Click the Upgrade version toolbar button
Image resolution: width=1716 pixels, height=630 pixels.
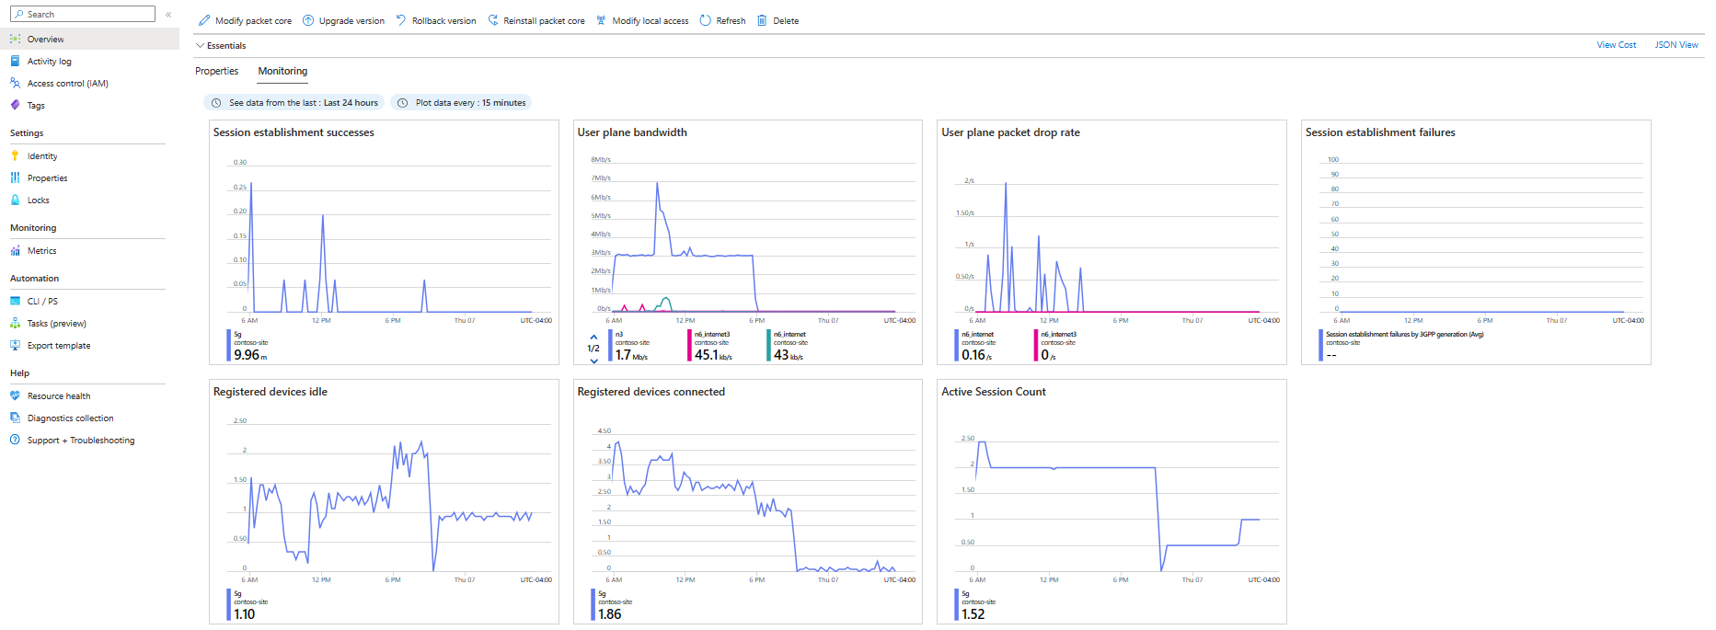[344, 20]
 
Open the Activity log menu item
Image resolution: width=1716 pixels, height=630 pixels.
[49, 62]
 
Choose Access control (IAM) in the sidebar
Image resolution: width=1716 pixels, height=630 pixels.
[67, 84]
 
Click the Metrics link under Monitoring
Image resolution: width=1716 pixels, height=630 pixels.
[41, 251]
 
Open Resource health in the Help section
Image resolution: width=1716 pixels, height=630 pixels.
[58, 396]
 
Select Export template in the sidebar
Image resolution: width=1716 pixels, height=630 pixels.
[58, 346]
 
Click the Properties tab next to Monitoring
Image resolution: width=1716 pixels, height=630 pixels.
[216, 71]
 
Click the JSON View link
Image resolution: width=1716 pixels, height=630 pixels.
[1676, 45]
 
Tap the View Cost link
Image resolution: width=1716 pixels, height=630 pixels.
[1616, 45]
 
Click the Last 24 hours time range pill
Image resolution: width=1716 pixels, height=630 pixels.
[294, 103]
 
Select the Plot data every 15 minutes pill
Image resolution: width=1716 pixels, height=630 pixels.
[461, 103]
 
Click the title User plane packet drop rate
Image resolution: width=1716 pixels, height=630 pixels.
[1010, 132]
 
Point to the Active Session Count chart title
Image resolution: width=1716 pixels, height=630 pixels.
[993, 392]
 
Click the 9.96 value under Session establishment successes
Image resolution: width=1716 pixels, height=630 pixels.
[247, 355]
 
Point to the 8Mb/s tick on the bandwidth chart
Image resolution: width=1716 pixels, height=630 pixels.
[601, 160]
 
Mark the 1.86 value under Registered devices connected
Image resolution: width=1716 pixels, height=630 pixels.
[609, 614]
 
